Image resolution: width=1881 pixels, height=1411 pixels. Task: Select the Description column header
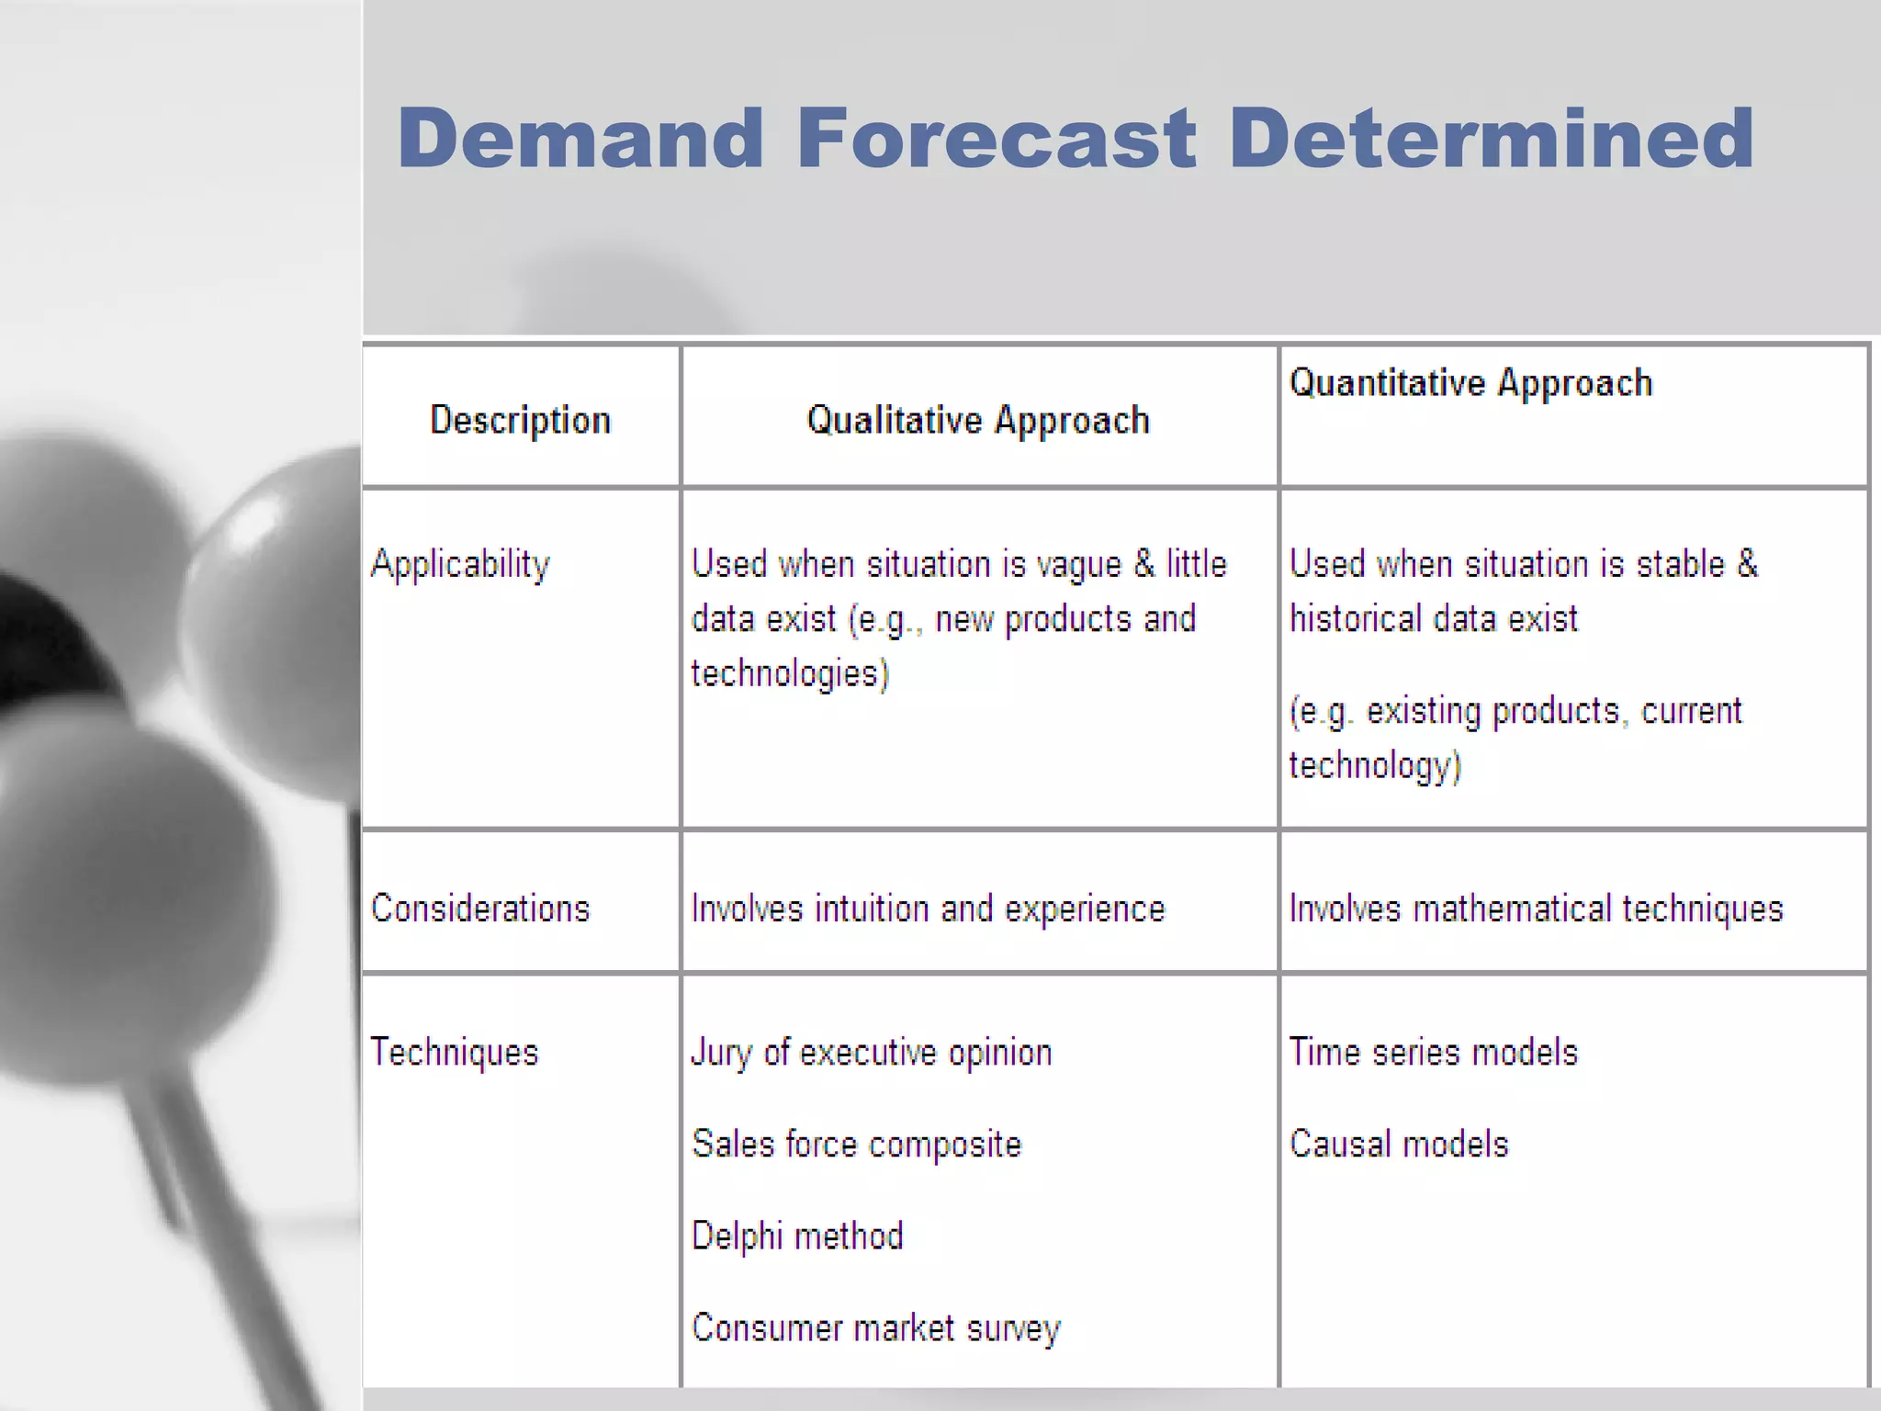click(x=520, y=420)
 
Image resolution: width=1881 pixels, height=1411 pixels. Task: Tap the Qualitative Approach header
click(x=977, y=420)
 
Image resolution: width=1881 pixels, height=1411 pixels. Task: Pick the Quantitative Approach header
click(x=1470, y=383)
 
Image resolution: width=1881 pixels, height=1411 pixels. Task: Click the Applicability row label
click(x=460, y=564)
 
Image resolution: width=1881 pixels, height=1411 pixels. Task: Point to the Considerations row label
click(x=479, y=909)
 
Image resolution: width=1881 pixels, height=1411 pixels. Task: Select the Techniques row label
click(x=454, y=1052)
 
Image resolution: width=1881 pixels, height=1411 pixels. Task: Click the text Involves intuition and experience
click(x=928, y=909)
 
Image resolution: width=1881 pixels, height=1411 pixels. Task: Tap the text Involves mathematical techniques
click(x=1536, y=909)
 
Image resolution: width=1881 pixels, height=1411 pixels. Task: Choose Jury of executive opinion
click(x=871, y=1052)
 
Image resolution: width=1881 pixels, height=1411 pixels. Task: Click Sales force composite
click(x=856, y=1144)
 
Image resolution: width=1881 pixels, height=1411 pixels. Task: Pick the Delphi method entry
click(x=796, y=1236)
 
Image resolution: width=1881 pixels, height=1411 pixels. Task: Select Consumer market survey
click(x=875, y=1327)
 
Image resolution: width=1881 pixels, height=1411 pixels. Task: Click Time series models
click(x=1433, y=1052)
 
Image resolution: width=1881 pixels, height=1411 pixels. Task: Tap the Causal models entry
click(x=1398, y=1144)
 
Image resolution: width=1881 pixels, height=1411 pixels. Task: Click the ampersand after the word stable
click(x=1747, y=564)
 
